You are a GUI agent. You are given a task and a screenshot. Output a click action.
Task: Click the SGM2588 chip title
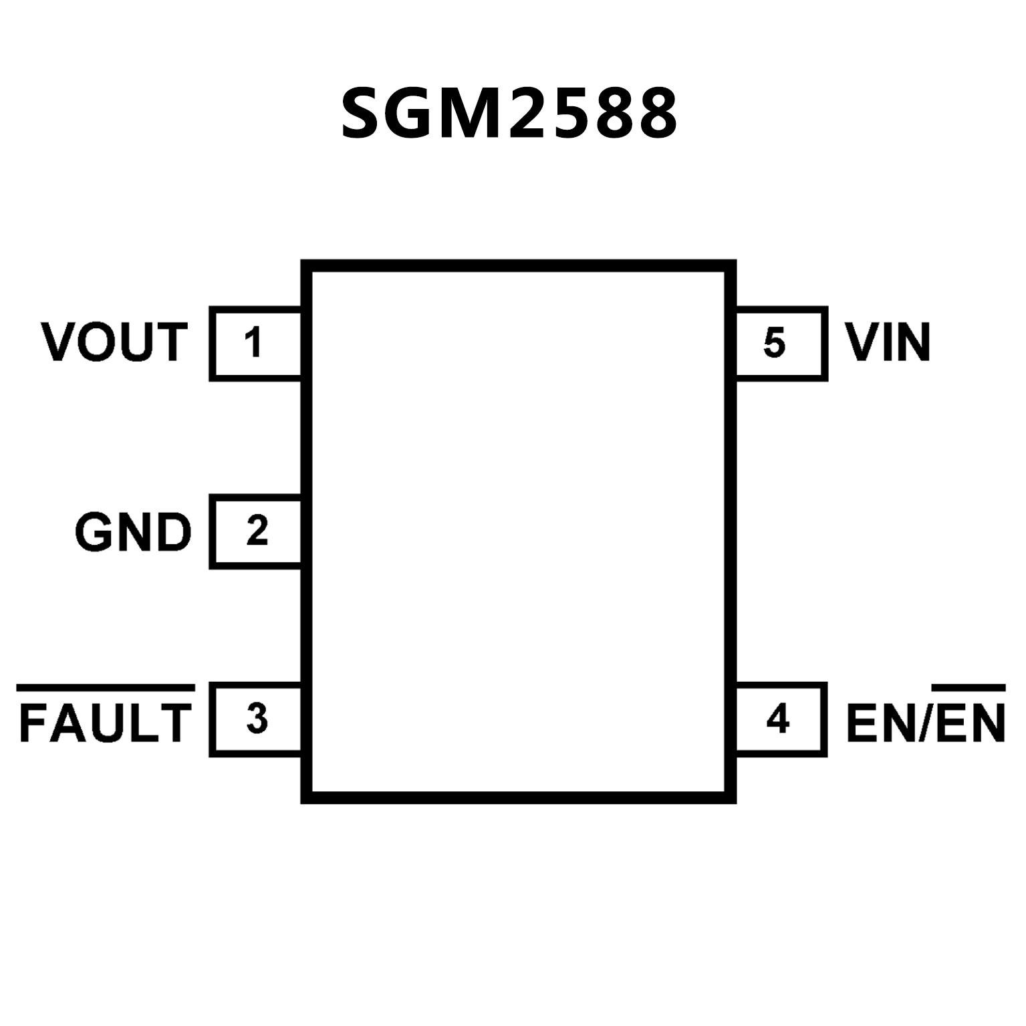[509, 114]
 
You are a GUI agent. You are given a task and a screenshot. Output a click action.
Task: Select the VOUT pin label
[114, 342]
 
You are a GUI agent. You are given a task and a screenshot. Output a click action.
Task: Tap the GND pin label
[133, 532]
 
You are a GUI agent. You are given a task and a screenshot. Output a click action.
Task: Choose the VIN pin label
[888, 342]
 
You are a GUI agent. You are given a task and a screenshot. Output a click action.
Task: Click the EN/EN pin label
[925, 722]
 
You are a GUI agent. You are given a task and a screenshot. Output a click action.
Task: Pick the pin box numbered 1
[255, 344]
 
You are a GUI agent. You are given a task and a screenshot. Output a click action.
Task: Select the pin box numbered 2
[255, 531]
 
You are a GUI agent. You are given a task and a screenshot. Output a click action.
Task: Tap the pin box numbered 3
[255, 719]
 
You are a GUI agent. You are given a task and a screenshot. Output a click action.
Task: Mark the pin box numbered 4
[781, 719]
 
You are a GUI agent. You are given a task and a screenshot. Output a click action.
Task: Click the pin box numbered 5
[781, 344]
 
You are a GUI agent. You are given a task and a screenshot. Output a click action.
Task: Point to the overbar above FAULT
[106, 688]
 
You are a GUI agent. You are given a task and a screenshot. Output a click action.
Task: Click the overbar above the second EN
[969, 688]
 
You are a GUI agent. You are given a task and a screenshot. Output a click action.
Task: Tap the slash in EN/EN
[924, 723]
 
